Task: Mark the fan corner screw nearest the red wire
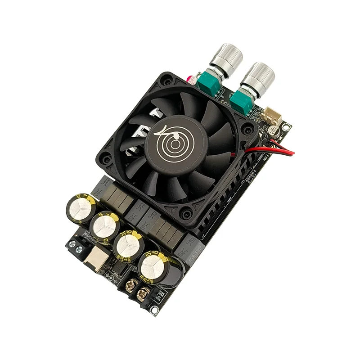(247, 130)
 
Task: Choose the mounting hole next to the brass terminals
(154, 310)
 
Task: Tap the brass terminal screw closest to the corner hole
(143, 295)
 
